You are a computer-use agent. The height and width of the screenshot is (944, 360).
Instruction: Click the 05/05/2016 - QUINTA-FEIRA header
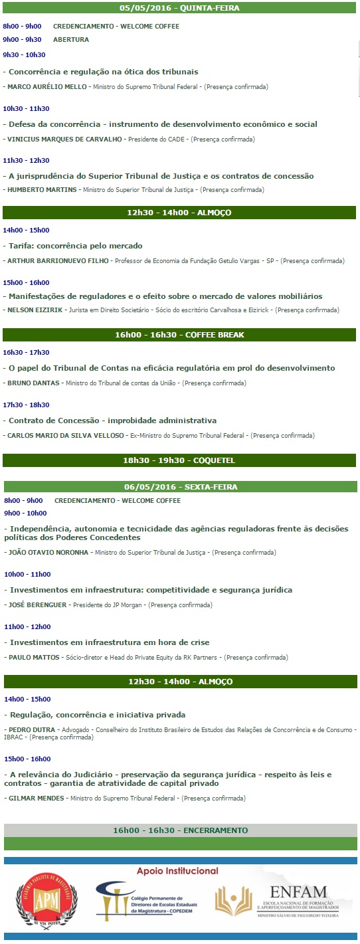coord(179,9)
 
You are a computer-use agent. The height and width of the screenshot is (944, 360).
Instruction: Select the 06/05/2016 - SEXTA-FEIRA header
coord(179,487)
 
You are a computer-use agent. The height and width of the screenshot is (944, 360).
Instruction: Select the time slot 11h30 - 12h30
coord(26,160)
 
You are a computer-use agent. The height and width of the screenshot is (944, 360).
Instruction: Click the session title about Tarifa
coord(75,246)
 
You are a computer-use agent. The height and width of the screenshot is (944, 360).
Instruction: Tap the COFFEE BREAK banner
coord(179,335)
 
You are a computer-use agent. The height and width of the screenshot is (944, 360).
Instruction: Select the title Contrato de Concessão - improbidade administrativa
coord(112,421)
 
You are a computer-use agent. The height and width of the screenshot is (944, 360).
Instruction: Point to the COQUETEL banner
coord(179,460)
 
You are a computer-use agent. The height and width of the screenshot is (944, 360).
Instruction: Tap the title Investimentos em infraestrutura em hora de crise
coord(109,642)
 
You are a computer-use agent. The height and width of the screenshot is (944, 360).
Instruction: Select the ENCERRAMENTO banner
coord(180,830)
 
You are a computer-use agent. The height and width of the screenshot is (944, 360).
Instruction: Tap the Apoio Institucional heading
coord(177,871)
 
